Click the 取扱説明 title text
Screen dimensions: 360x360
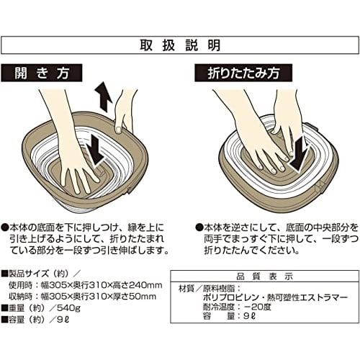(x=180, y=45)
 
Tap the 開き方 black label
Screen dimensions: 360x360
(x=42, y=73)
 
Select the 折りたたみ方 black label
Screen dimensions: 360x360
(x=243, y=73)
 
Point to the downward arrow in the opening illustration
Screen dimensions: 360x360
(x=96, y=151)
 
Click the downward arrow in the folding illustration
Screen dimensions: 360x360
(x=298, y=156)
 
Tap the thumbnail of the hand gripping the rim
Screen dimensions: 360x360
(x=118, y=130)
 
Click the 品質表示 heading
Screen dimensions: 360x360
(x=264, y=276)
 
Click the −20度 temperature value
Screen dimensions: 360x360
(x=257, y=307)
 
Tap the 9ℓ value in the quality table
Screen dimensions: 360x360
(x=249, y=316)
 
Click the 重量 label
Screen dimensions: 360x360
(x=17, y=308)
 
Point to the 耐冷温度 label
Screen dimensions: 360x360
(x=219, y=307)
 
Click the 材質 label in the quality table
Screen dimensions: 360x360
(x=186, y=288)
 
